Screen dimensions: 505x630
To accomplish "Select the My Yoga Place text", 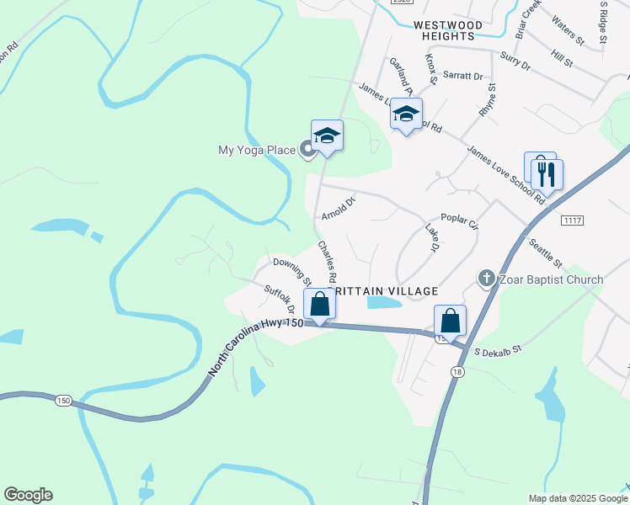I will [257, 151].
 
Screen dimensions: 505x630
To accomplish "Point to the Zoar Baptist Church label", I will [552, 279].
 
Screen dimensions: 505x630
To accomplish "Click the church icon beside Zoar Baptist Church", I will [487, 279].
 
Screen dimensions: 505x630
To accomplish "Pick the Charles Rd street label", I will [327, 261].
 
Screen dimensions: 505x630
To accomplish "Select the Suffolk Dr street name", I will [279, 301].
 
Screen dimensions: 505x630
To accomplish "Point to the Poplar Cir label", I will [459, 221].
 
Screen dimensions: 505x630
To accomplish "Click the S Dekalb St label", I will [499, 348].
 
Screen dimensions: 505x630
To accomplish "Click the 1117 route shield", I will [572, 219].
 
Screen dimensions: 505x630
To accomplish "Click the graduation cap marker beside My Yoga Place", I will [327, 136].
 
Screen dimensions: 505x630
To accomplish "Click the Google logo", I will [28, 495].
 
